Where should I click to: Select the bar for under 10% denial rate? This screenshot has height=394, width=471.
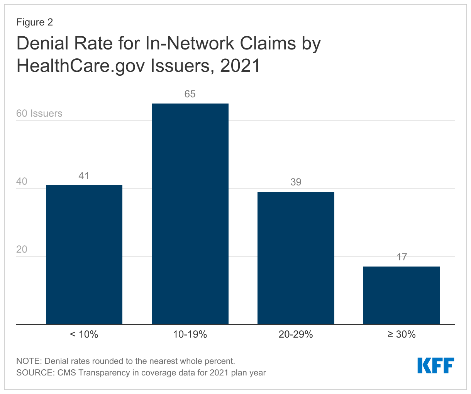[x=84, y=255]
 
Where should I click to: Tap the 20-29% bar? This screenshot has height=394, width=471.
[x=296, y=258]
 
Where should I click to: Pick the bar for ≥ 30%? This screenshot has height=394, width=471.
[x=402, y=295]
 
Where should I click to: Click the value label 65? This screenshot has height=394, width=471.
[x=190, y=94]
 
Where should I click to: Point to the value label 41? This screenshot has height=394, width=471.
[x=84, y=176]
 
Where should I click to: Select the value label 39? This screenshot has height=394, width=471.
[x=296, y=182]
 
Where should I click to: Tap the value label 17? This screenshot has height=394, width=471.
[x=402, y=257]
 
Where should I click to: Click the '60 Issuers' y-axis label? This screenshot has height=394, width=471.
[x=39, y=113]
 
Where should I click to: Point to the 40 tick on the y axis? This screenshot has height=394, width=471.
[x=22, y=182]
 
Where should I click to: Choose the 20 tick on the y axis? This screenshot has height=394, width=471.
[x=22, y=250]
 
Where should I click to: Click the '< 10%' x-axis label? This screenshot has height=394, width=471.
[x=84, y=335]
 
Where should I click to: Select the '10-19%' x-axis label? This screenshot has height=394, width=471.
[x=190, y=335]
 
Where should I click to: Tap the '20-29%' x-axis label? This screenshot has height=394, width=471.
[x=296, y=335]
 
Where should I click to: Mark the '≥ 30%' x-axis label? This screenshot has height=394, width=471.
[x=402, y=335]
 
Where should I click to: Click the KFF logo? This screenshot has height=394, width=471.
[x=435, y=365]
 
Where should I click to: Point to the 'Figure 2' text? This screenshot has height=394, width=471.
[x=34, y=22]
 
